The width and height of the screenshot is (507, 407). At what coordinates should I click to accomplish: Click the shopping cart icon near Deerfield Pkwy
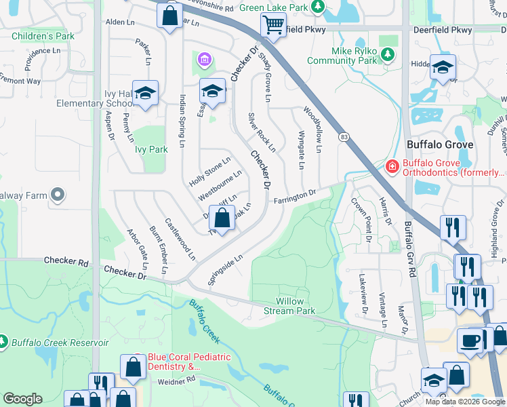[x=273, y=26]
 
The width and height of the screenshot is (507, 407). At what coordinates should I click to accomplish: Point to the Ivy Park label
[x=150, y=149]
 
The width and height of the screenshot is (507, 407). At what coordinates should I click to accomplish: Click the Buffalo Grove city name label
[x=439, y=145]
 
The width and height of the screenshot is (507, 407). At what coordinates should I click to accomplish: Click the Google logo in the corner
[x=23, y=399]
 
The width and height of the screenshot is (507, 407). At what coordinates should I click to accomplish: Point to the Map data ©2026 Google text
[x=464, y=402]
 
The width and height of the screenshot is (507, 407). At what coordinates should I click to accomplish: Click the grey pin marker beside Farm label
[x=58, y=195]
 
